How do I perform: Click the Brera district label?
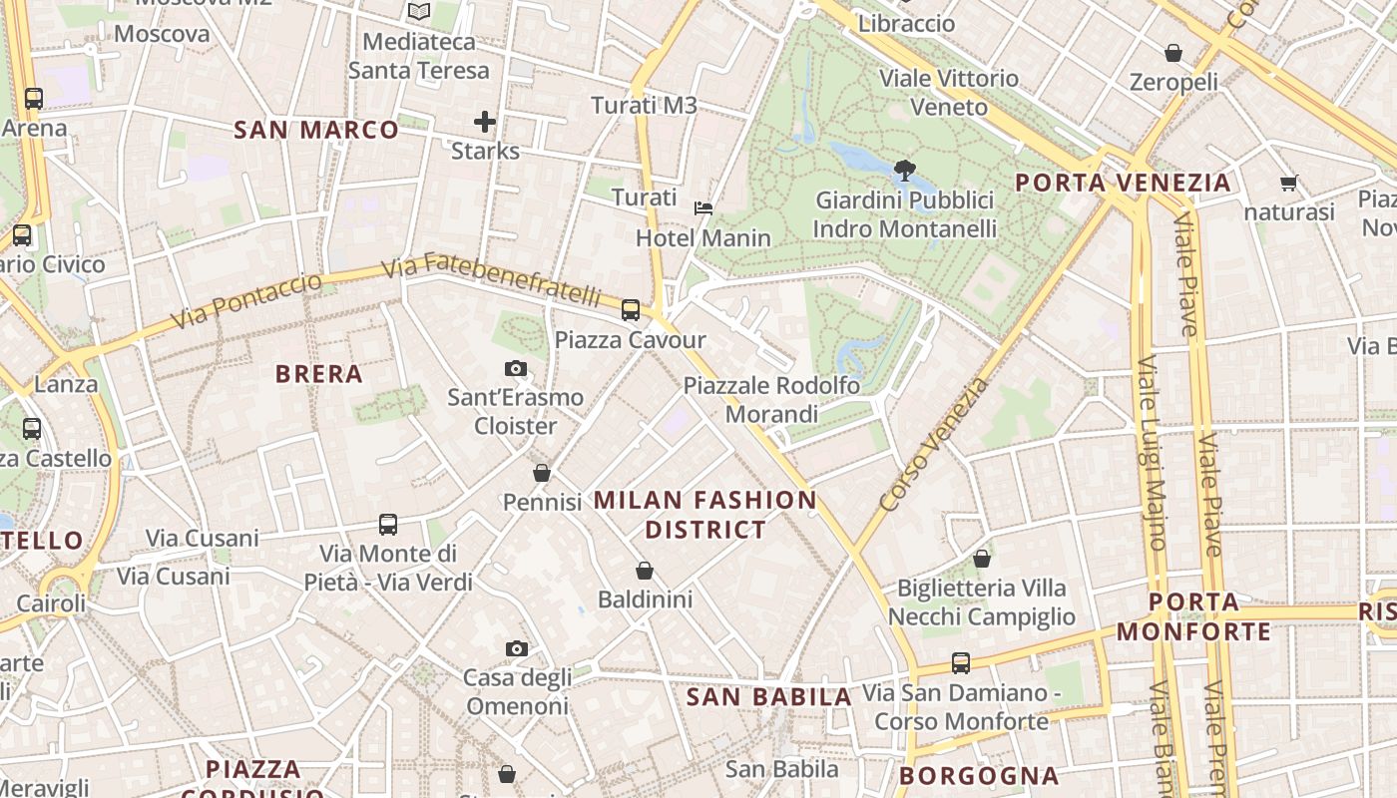pyautogui.click(x=318, y=374)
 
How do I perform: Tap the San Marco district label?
pyautogui.click(x=315, y=130)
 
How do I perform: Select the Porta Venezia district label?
pyautogui.click(x=1123, y=183)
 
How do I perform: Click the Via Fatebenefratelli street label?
pyautogui.click(x=493, y=279)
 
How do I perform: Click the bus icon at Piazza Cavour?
pyautogui.click(x=631, y=310)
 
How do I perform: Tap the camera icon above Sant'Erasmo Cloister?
pyautogui.click(x=516, y=369)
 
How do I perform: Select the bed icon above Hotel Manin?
pyautogui.click(x=703, y=208)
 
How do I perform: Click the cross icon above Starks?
pyautogui.click(x=485, y=122)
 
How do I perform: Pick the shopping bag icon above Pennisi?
pyautogui.click(x=542, y=473)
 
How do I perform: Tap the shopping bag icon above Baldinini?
pyautogui.click(x=645, y=571)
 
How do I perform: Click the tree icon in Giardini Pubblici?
pyautogui.click(x=905, y=170)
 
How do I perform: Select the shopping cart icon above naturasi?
pyautogui.click(x=1288, y=184)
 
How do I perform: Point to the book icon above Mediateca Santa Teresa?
pyautogui.click(x=419, y=12)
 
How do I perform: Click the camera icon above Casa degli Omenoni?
pyautogui.click(x=516, y=649)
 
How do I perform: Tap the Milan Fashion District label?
pyautogui.click(x=705, y=515)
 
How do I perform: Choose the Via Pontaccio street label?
pyautogui.click(x=246, y=300)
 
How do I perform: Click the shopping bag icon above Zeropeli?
pyautogui.click(x=1173, y=53)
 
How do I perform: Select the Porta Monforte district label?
pyautogui.click(x=1193, y=616)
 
